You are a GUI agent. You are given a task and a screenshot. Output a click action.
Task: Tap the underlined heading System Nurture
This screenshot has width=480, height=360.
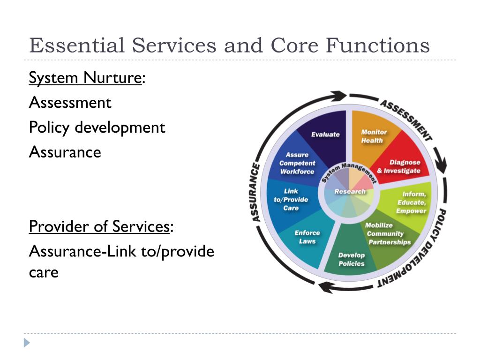pos(85,77)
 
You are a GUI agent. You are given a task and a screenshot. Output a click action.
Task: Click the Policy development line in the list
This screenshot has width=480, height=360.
pos(97,127)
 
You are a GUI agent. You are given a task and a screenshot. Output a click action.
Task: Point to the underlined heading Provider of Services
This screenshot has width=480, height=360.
pos(99,226)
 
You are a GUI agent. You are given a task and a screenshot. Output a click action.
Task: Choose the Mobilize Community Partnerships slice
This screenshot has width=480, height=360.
pos(387,234)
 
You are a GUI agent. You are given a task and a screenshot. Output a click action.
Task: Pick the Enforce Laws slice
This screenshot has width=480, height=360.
pos(307,237)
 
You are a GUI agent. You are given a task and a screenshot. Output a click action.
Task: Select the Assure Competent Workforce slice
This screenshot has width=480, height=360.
pos(297,163)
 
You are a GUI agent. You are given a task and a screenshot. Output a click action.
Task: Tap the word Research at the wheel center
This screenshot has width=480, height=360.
pos(350,191)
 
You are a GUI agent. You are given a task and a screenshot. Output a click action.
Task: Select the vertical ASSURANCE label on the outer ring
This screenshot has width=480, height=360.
pos(255,192)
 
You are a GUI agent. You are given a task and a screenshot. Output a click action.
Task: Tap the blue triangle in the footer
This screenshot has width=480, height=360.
pos(27,343)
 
